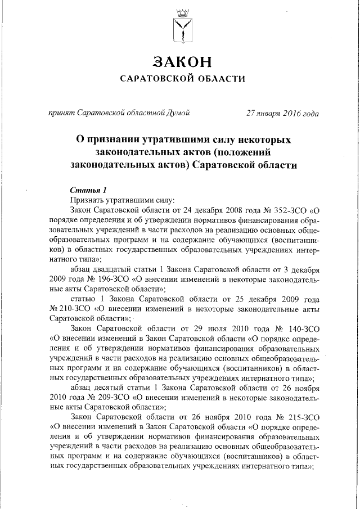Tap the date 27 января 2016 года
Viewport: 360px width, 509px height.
pos(282,112)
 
